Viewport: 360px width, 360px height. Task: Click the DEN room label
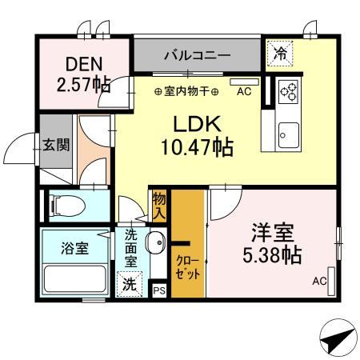[x=83, y=62]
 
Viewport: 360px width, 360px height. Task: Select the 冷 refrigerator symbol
[x=279, y=54]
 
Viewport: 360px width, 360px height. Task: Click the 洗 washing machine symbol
[x=130, y=284]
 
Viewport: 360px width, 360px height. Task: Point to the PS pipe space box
[x=158, y=290]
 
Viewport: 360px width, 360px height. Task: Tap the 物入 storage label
[x=159, y=206]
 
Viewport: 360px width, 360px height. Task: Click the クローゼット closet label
[x=189, y=267]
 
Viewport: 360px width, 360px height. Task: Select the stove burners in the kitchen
[x=288, y=92]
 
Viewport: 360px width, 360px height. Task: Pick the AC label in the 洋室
[x=319, y=281]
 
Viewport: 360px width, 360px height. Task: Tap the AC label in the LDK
[x=243, y=91]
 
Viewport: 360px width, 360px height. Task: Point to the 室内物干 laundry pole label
[x=186, y=91]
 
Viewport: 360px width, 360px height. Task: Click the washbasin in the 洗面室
[x=156, y=241]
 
